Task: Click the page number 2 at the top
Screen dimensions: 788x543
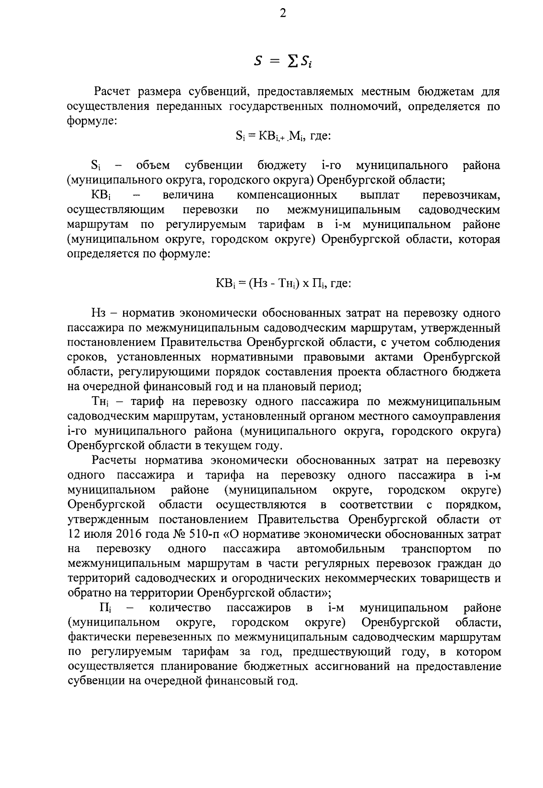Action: tap(283, 14)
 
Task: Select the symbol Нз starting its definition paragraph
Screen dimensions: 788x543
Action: tap(98, 313)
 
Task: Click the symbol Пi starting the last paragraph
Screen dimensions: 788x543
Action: tap(105, 608)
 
